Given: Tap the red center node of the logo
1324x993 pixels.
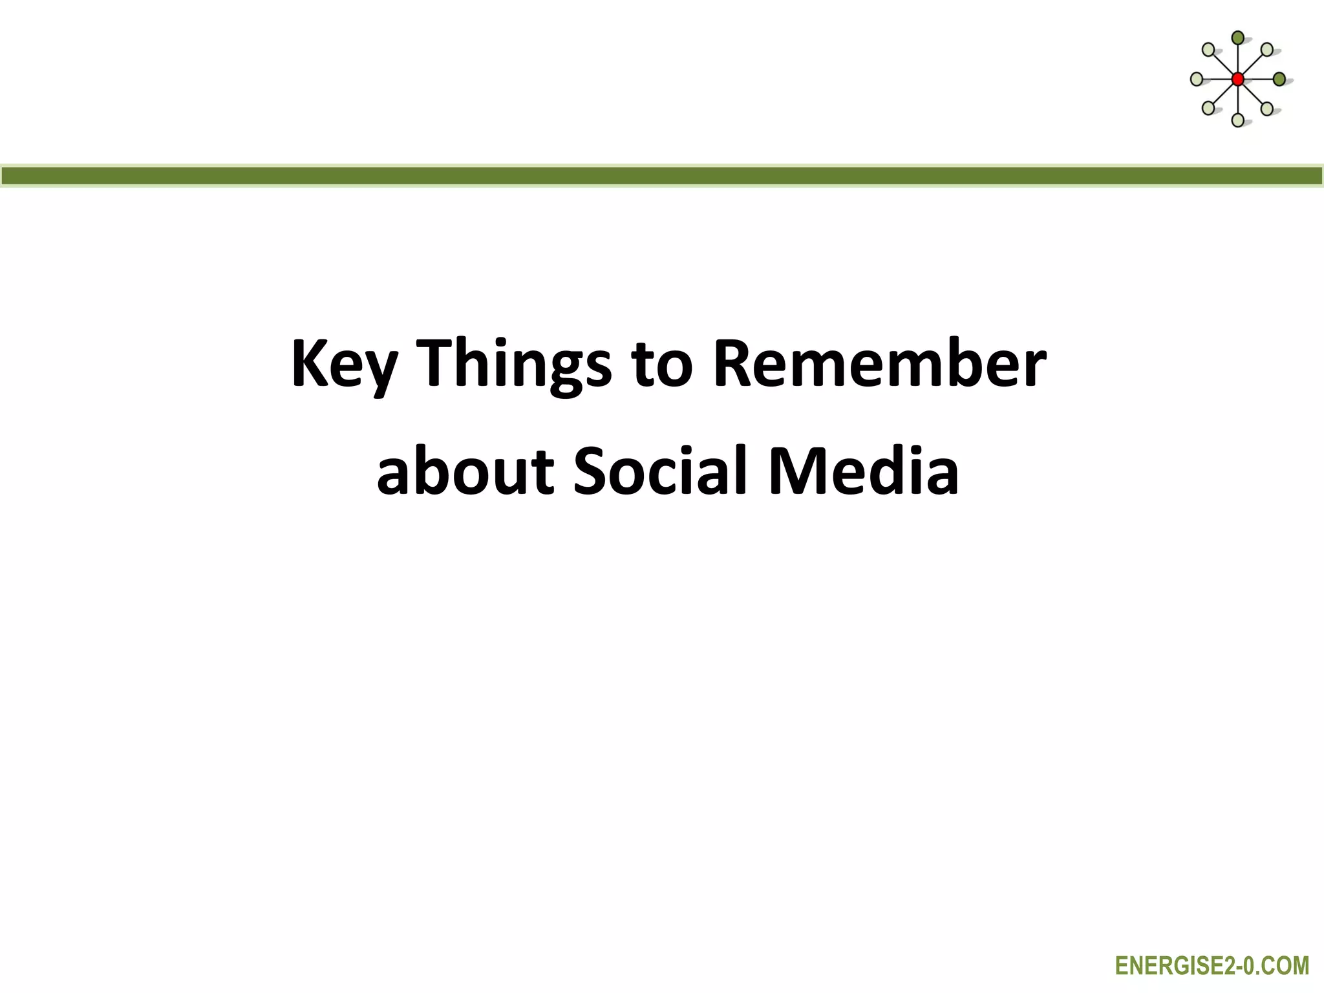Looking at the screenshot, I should (1237, 79).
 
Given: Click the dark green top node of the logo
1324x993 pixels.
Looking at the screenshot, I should (1237, 38).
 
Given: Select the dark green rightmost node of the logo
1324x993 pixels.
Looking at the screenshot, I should (1279, 79).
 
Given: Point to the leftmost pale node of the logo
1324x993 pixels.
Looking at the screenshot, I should (1196, 79).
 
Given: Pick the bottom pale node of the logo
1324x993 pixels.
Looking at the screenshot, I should (1237, 120).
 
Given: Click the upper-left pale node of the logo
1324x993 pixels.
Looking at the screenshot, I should (1208, 50).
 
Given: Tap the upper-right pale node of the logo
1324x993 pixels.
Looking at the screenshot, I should (1267, 49).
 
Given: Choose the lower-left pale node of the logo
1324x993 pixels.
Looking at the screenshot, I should (1208, 108).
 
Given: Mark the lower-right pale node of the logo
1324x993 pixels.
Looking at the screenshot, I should (1267, 108).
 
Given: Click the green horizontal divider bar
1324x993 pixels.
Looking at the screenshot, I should (662, 176).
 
